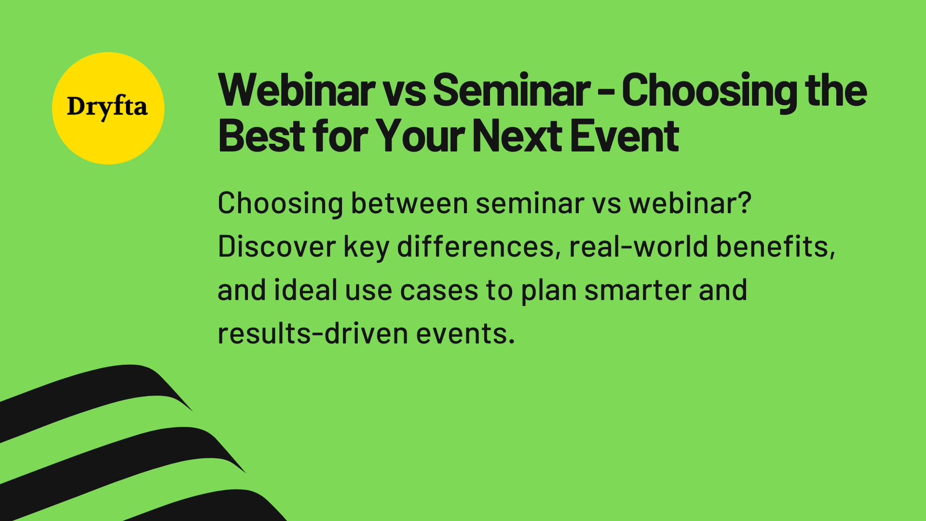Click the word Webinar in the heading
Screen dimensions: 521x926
(x=296, y=90)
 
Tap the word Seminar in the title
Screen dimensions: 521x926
(x=511, y=90)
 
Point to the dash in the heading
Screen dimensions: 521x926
(x=606, y=92)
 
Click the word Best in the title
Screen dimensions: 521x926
(x=261, y=137)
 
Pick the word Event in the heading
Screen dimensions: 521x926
(x=625, y=137)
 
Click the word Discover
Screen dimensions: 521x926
(x=276, y=247)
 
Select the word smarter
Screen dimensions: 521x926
(x=638, y=290)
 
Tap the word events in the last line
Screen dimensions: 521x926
(x=465, y=334)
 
